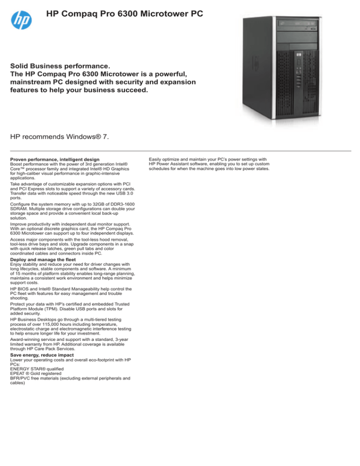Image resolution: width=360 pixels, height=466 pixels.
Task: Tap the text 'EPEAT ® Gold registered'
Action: [x=38, y=375]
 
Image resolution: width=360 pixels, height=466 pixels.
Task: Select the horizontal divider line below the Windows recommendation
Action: [x=180, y=151]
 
